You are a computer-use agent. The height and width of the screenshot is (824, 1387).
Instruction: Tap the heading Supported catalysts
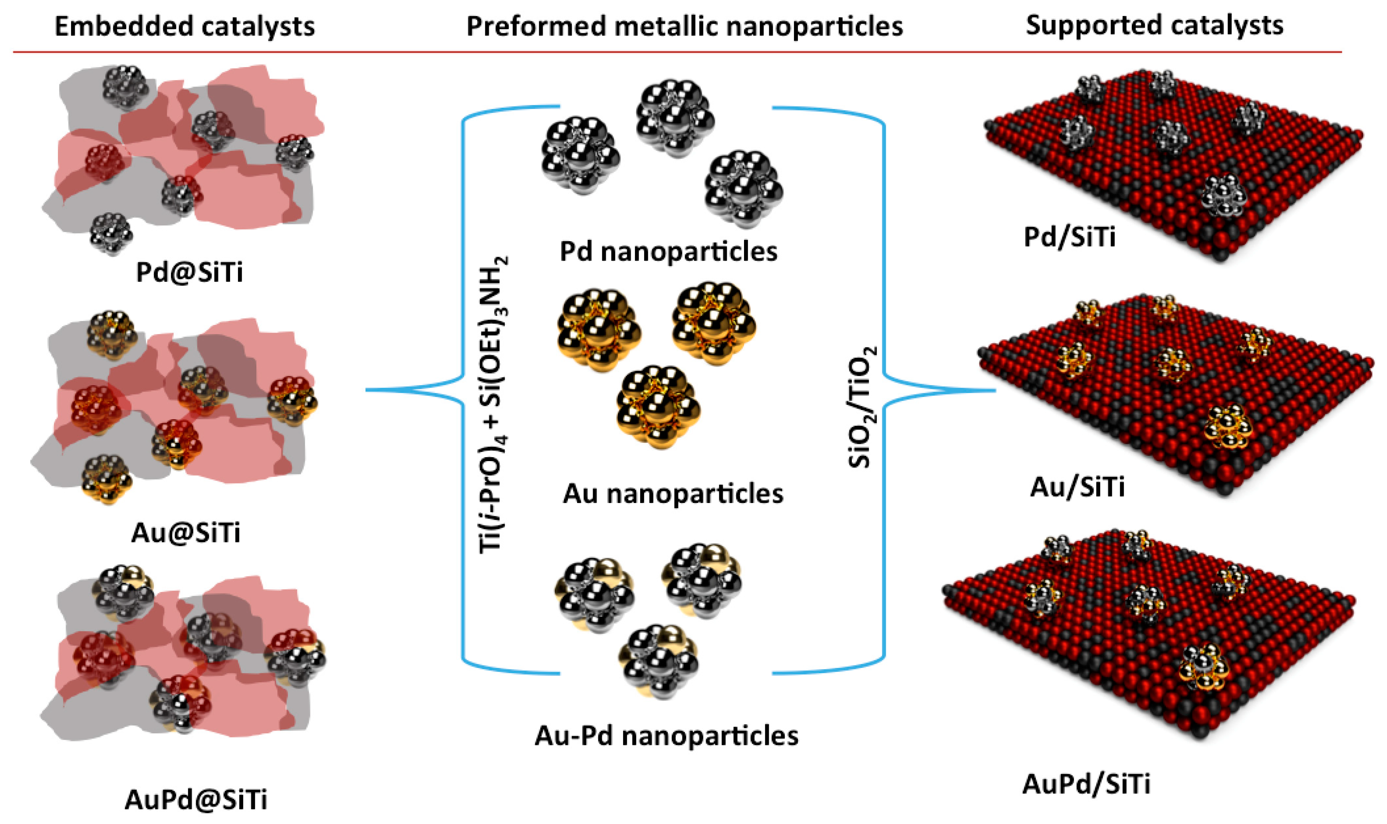click(1154, 26)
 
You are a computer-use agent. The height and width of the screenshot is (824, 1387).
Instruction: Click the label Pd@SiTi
click(189, 273)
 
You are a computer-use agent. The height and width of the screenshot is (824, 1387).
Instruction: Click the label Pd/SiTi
click(1069, 238)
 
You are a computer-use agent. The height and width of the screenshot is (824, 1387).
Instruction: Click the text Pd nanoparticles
click(668, 252)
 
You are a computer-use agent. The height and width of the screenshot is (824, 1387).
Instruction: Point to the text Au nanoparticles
click(673, 493)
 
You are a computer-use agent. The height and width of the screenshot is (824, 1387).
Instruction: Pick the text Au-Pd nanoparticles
click(667, 736)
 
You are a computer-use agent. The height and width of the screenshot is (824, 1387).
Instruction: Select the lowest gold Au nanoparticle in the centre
click(658, 406)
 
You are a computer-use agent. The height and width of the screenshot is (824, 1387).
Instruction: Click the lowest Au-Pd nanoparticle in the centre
click(658, 661)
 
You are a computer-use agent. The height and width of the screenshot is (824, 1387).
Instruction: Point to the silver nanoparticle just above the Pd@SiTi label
click(111, 233)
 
